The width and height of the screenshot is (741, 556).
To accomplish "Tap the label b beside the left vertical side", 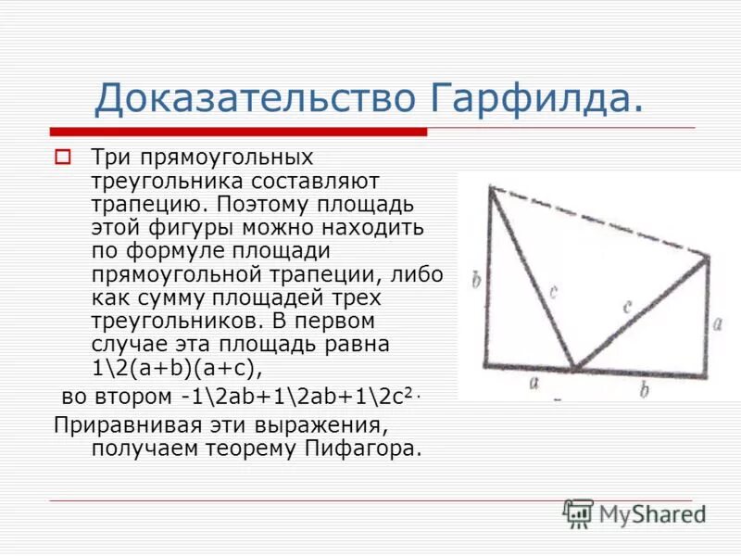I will click(x=476, y=279).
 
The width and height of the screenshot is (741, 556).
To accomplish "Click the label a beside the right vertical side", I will click(x=718, y=323).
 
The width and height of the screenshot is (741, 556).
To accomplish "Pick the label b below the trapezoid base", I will click(x=645, y=389).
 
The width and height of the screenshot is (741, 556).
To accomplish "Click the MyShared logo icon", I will click(x=578, y=512).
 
